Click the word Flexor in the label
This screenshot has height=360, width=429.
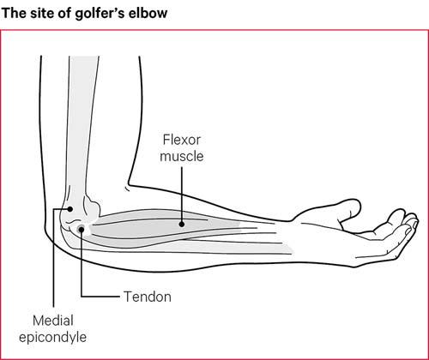[182, 140]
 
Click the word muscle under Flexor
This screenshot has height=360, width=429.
[182, 157]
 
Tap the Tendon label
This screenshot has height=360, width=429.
[148, 297]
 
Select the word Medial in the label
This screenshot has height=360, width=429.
[53, 321]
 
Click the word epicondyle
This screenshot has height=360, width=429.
[52, 338]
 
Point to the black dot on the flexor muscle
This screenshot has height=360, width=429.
[182, 225]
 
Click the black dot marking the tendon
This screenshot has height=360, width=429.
[82, 229]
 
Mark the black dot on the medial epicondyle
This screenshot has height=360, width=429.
[69, 209]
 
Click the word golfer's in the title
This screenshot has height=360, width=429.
[100, 14]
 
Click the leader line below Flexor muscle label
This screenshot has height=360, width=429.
[182, 195]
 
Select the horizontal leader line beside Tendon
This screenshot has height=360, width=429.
[100, 297]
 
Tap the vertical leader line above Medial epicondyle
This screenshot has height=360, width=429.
[54, 259]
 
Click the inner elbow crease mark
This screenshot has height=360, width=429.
[128, 189]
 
